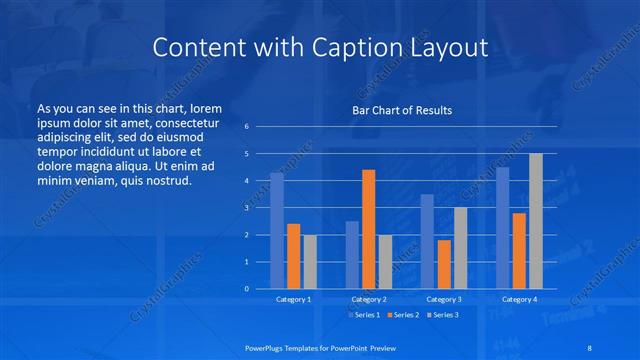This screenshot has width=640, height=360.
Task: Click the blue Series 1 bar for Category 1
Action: pyautogui.click(x=277, y=230)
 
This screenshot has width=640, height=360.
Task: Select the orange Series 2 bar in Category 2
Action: pyautogui.click(x=368, y=229)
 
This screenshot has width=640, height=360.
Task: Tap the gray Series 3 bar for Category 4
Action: pyautogui.click(x=536, y=221)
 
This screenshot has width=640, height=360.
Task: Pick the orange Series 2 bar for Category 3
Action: pyautogui.click(x=444, y=264)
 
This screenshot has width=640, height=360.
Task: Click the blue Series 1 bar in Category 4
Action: pyautogui.click(x=502, y=228)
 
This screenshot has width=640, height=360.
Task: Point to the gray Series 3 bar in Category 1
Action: pyautogui.click(x=310, y=261)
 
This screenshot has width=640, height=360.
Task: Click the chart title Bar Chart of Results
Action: pyautogui.click(x=402, y=110)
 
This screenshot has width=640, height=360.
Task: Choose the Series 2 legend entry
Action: pyautogui.click(x=404, y=315)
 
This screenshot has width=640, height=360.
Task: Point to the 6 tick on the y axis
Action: pyautogui.click(x=247, y=127)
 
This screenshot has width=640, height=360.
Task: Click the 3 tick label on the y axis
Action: pyautogui.click(x=247, y=208)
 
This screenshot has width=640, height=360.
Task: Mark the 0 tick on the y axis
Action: pyautogui.click(x=247, y=289)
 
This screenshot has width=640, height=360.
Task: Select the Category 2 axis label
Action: pyautogui.click(x=369, y=299)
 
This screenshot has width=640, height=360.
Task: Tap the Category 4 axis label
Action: pyautogui.click(x=519, y=299)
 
